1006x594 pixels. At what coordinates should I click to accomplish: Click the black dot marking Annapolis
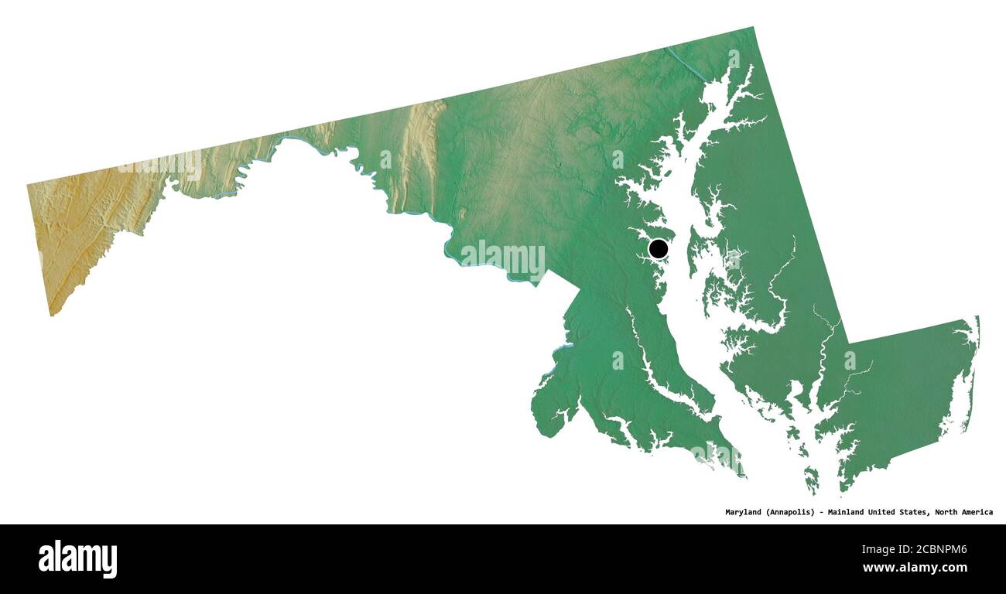point(658,248)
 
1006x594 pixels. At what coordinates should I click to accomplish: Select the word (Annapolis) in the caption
point(794,512)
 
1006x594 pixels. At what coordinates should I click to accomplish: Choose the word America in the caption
point(978,512)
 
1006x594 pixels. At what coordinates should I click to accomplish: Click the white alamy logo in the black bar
point(77,558)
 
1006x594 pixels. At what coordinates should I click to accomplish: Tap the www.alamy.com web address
point(915,568)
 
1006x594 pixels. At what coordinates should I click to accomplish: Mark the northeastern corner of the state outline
point(752,28)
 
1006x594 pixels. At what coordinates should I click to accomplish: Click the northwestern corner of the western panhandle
point(28,185)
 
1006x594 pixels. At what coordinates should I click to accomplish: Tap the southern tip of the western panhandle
point(51,315)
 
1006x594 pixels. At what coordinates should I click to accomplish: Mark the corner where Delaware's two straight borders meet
point(848,343)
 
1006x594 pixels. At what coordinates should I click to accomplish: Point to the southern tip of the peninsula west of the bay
point(741,474)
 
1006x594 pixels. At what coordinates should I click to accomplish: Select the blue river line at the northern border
point(685,62)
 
